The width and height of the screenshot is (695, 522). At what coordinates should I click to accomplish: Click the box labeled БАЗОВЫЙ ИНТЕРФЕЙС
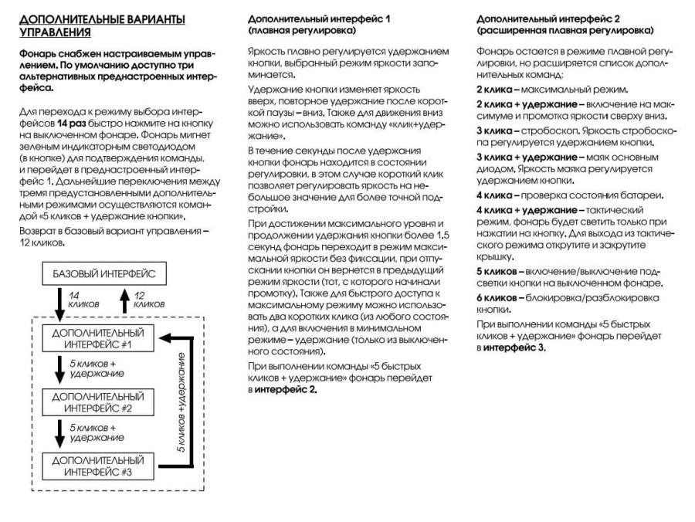(104, 274)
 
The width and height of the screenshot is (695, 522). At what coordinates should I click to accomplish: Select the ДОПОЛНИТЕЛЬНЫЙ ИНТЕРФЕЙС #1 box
(97, 337)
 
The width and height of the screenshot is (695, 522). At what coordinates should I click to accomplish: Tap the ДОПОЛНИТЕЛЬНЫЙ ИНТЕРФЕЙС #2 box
(97, 402)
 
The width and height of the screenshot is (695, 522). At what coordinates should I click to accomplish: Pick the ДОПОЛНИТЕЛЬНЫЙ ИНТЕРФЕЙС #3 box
(97, 466)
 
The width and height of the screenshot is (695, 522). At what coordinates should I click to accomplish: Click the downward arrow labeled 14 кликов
(59, 302)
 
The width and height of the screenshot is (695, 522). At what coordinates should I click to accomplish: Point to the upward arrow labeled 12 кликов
(124, 300)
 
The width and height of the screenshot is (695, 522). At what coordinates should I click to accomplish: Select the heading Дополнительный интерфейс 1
(319, 17)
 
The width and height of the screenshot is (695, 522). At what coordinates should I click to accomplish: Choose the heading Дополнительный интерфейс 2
(549, 17)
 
